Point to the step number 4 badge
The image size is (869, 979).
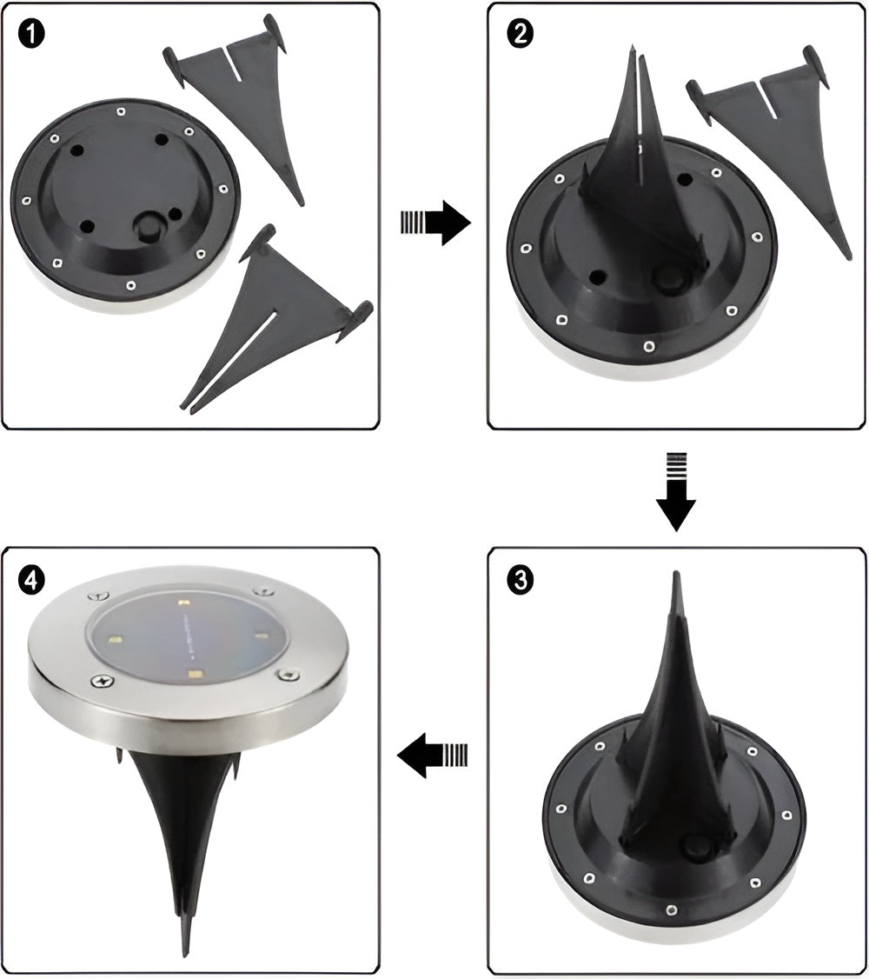coord(32,579)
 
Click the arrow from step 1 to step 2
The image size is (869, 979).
coord(435,223)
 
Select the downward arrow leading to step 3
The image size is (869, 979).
coord(677,491)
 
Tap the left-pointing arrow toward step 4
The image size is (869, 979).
coord(432,754)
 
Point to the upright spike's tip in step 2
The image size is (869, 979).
coord(631,54)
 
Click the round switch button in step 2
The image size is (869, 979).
coord(669,279)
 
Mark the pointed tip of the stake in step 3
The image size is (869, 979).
coord(677,577)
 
